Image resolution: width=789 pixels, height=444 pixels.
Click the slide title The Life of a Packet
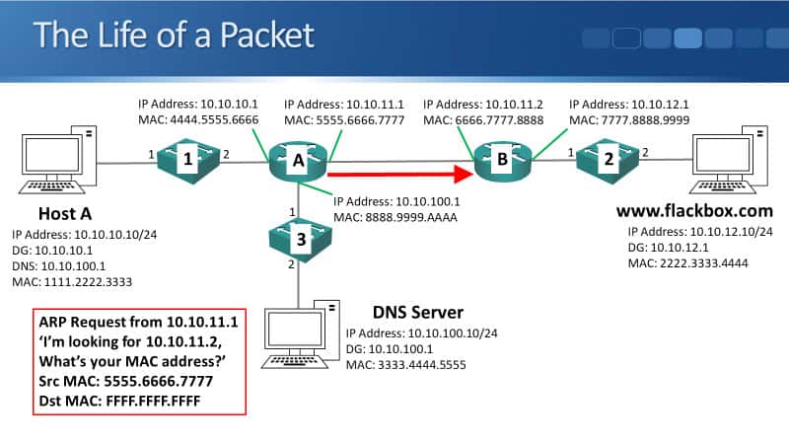coord(174,36)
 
